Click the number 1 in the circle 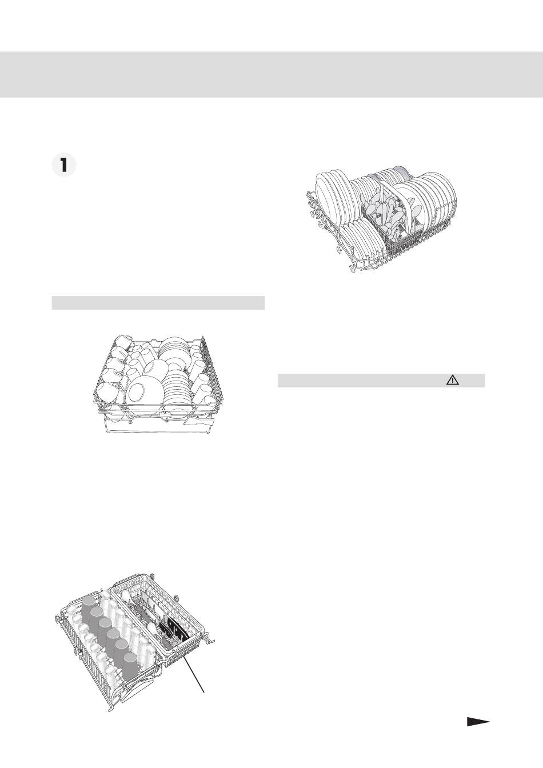(63, 166)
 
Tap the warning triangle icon (453, 380)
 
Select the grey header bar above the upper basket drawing (158, 303)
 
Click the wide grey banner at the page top (271, 74)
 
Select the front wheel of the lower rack (352, 269)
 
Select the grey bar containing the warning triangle (381, 380)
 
